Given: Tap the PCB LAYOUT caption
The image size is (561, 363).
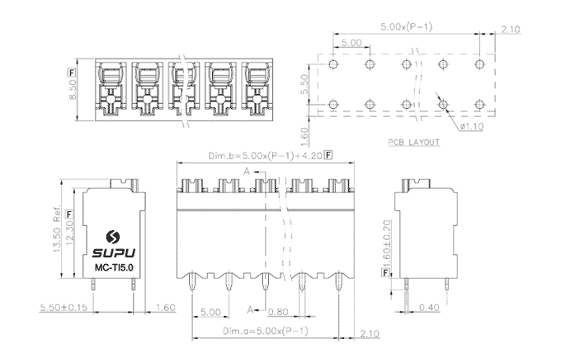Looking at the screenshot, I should (x=412, y=143).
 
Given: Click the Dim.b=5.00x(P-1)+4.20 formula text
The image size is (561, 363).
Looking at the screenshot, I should (x=266, y=155).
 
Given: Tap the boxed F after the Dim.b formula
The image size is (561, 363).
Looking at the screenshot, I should (x=329, y=155).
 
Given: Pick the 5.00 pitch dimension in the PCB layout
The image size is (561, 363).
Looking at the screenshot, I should (x=351, y=41).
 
